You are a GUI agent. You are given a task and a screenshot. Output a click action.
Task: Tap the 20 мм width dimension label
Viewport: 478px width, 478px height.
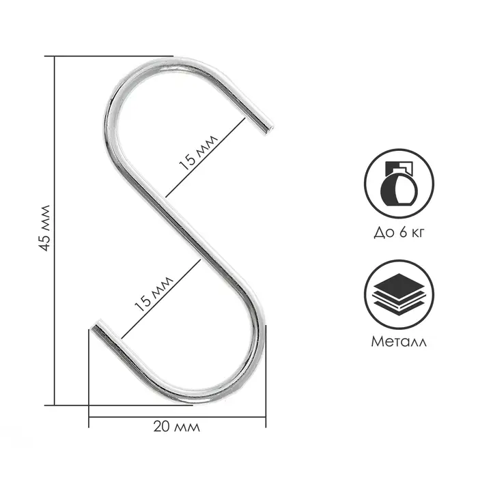pos(177,427)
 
